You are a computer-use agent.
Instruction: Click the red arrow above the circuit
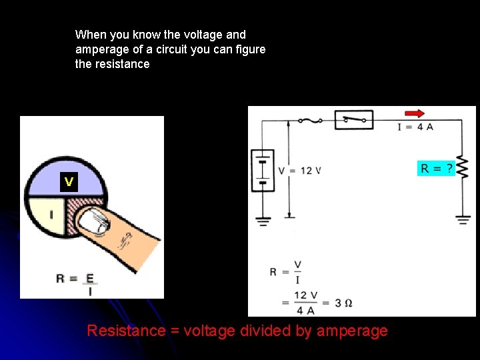[414, 114]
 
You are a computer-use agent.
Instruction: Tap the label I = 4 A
[415, 127]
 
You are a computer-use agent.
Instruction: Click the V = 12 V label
[299, 171]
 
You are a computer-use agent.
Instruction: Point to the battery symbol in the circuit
[263, 170]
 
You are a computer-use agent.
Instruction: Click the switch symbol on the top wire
[353, 120]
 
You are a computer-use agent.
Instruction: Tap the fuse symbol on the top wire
[310, 121]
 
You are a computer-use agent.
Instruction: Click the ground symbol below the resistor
[463, 218]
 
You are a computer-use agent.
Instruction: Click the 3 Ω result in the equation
[343, 303]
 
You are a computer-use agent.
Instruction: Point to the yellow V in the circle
[69, 182]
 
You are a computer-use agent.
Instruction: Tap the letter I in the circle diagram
[51, 215]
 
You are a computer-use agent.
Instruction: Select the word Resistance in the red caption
[125, 331]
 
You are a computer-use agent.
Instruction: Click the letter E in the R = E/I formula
[89, 278]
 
